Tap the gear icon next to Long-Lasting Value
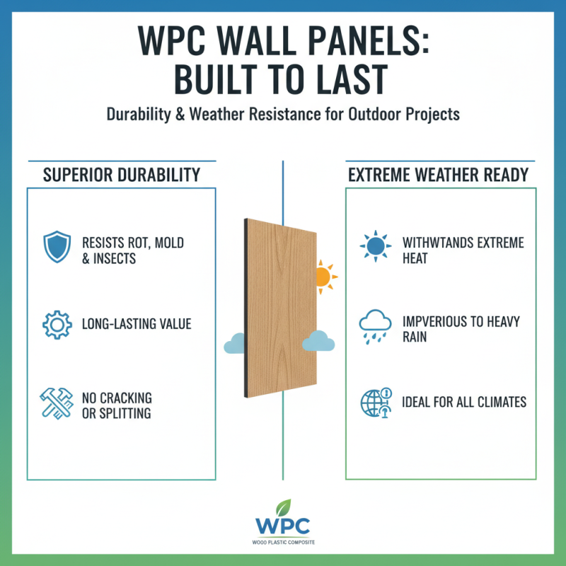57,325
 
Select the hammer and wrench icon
57,403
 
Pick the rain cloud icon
376,323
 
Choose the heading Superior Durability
121,174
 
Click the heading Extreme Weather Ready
438,174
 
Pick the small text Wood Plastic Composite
283,542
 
